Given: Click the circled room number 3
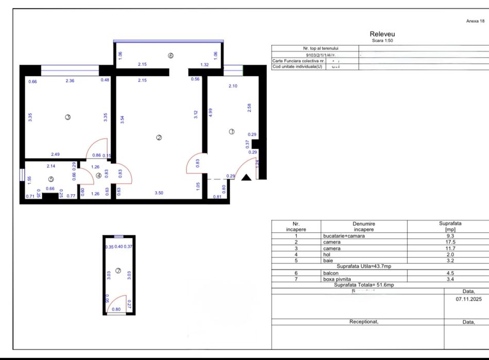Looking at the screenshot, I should tap(68, 117).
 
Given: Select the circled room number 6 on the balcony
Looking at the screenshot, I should tap(171, 56).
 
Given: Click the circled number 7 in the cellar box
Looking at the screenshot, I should tap(118, 270).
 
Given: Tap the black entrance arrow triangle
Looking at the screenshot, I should tap(246, 178).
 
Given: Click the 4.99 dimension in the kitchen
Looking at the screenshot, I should tap(210, 113).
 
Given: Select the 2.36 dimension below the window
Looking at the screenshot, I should tap(70, 80).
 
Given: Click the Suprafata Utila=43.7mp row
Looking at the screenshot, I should tap(364, 266).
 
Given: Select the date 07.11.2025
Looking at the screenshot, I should tap(465, 298).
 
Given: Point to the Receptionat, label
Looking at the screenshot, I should tap(364, 321).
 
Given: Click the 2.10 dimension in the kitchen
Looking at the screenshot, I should tap(233, 86).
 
